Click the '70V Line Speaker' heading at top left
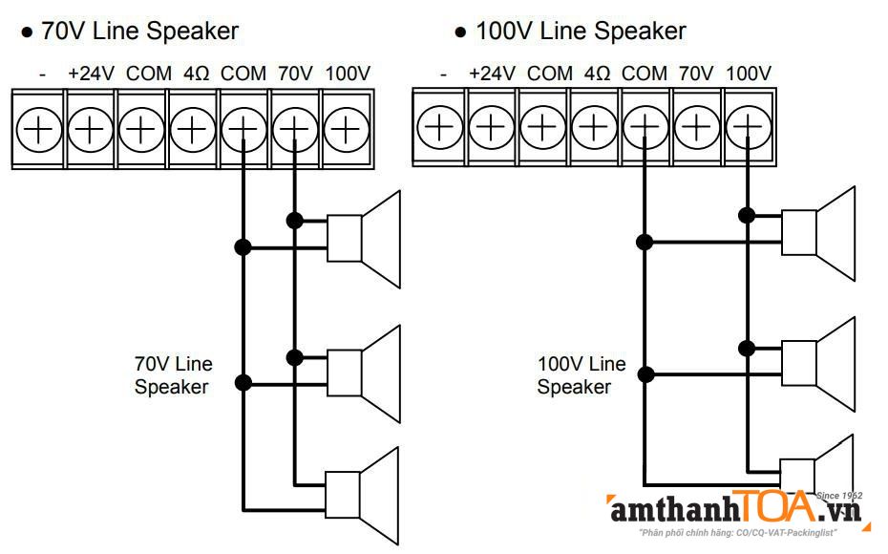tap(139, 31)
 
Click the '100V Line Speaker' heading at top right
tap(581, 31)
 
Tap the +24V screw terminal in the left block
tap(90, 128)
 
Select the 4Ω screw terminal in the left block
tap(193, 128)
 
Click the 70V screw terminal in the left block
tap(296, 128)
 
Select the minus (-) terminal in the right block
tap(439, 127)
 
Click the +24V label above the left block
tap(91, 74)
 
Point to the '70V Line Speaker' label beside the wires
tap(173, 375)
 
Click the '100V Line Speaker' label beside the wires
tap(581, 375)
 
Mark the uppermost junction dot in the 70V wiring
tap(294, 221)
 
